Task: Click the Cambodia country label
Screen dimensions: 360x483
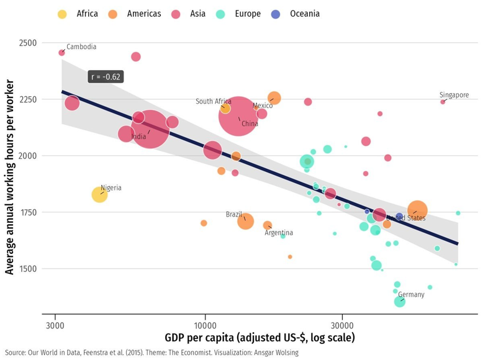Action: (x=81, y=47)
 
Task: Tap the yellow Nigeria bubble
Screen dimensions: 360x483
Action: (x=99, y=195)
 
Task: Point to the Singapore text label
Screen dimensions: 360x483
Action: (x=454, y=95)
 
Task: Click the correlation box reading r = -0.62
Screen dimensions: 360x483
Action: (x=106, y=77)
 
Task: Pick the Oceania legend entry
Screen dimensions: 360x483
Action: (x=304, y=14)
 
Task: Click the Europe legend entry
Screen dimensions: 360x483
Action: (x=248, y=14)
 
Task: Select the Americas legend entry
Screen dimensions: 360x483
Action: (x=143, y=14)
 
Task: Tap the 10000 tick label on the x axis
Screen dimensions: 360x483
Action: (x=205, y=325)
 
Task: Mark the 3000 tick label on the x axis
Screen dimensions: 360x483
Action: (x=55, y=325)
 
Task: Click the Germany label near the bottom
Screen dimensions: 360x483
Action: (x=411, y=295)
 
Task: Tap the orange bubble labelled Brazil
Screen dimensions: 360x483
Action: (x=246, y=221)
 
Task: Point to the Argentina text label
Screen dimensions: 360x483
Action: (x=279, y=233)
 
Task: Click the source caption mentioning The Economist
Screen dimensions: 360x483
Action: (x=151, y=353)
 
